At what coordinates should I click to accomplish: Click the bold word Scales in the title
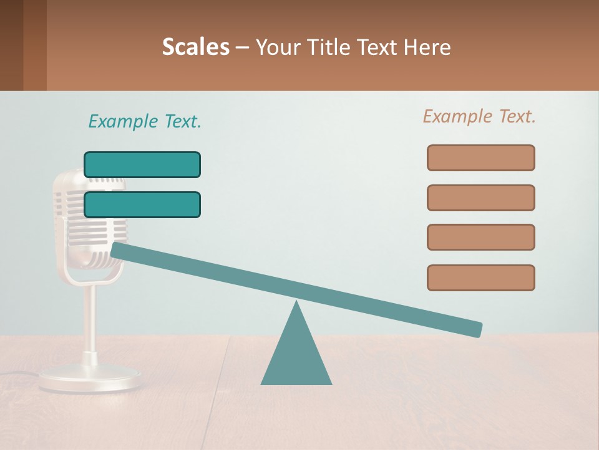[x=195, y=47]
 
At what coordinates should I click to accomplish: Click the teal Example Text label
[x=145, y=121]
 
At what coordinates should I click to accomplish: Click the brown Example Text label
[x=479, y=116]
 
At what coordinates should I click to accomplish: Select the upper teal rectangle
[x=142, y=164]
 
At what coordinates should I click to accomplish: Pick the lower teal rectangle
[x=142, y=204]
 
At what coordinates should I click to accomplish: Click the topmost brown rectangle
[x=481, y=157]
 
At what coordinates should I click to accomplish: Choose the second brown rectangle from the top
[x=481, y=197]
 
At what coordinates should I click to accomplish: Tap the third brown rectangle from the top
[x=481, y=237]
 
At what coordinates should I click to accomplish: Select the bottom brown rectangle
[x=481, y=277]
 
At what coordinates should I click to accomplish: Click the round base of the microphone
[x=90, y=378]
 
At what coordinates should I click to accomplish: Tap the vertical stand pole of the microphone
[x=90, y=319]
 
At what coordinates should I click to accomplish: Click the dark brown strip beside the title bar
[x=23, y=45]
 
